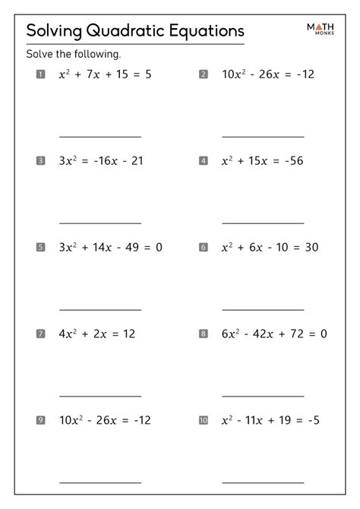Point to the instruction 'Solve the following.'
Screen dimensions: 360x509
point(74,55)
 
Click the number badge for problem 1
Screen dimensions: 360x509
point(40,74)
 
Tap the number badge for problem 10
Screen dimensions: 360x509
point(203,419)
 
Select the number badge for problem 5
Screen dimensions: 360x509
point(40,247)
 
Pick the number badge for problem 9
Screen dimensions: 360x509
point(40,419)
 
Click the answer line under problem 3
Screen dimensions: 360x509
point(100,223)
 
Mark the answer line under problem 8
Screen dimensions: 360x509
point(263,396)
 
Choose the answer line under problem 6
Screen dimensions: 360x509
point(263,309)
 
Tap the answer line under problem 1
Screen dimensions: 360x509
point(100,137)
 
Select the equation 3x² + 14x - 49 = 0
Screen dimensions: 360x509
point(111,247)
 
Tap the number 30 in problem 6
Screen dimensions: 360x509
point(311,247)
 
